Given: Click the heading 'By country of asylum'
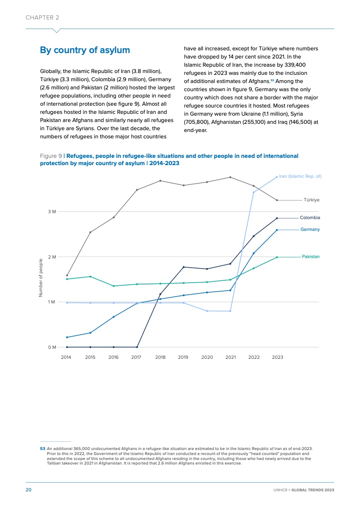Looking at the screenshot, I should click(85, 50).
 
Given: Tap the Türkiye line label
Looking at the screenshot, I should click(311, 200).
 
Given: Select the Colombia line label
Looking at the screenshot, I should click(310, 218).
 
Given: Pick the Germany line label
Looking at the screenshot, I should click(310, 230).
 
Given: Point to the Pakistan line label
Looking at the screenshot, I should click(311, 257).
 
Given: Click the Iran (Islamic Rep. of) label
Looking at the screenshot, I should click(300, 176).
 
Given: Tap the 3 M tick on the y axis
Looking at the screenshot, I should click(52, 211).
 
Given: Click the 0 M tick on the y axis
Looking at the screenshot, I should click(52, 347).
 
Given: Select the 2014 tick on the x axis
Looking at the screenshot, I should click(66, 357).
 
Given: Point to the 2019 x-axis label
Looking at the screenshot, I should click(183, 357).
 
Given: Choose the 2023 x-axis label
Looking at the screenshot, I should click(277, 357).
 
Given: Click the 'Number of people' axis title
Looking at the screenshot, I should click(41, 278).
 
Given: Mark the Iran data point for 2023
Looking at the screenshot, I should click(277, 177).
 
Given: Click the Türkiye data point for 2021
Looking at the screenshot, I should click(230, 177).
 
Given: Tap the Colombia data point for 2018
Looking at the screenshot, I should click(160, 294).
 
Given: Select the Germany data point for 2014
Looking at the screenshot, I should click(67, 337).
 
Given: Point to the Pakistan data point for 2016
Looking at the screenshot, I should click(113, 286).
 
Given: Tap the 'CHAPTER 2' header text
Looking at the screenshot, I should click(42, 17).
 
